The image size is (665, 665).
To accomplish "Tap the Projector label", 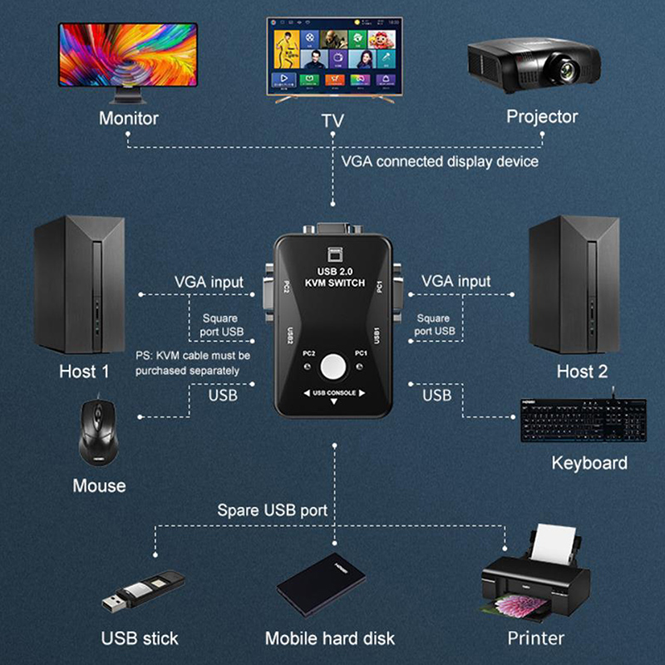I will pyautogui.click(x=542, y=116).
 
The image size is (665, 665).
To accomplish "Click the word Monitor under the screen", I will pyautogui.click(x=129, y=117).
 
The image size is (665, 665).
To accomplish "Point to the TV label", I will pyautogui.click(x=332, y=121).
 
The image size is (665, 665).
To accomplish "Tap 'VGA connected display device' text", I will pyautogui.click(x=440, y=160).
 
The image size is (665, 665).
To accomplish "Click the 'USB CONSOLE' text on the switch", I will pyautogui.click(x=333, y=392).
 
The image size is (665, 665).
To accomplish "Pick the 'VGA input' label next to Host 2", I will pyautogui.click(x=456, y=281).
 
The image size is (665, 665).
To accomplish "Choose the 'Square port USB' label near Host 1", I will pyautogui.click(x=220, y=324).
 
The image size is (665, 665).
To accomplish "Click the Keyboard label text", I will pyautogui.click(x=589, y=463).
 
